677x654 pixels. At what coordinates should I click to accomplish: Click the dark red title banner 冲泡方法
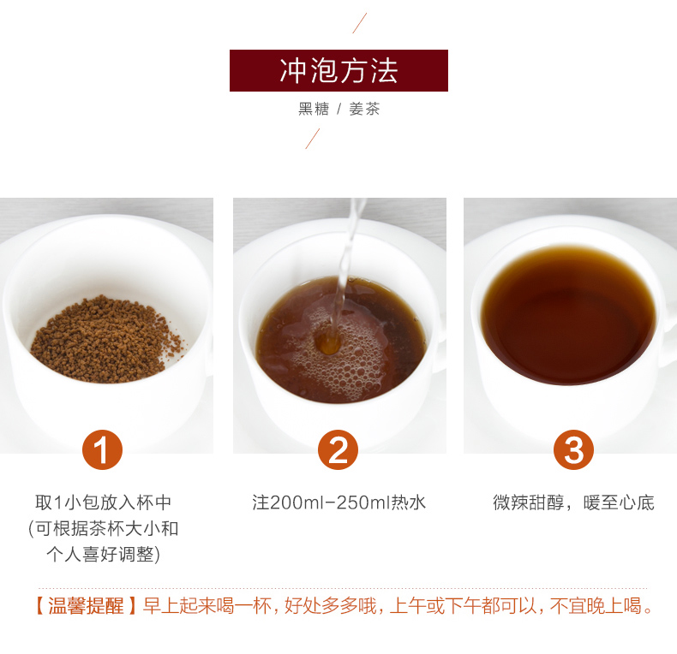tap(338, 70)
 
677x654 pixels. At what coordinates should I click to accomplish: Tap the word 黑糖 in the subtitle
tap(314, 109)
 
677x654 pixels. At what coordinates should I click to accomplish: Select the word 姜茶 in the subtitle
tap(364, 109)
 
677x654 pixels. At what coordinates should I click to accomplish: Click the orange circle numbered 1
tap(102, 449)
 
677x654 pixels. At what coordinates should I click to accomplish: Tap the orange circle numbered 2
tap(338, 449)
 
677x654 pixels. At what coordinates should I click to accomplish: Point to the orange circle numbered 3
tap(573, 449)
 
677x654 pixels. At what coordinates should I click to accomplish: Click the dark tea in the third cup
tap(568, 315)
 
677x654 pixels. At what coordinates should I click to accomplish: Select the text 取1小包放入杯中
tap(103, 502)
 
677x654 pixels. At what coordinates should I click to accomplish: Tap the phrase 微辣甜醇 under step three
tap(529, 502)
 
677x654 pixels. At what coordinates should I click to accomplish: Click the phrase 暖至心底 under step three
tap(619, 502)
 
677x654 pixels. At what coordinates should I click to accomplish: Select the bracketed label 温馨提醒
tap(86, 606)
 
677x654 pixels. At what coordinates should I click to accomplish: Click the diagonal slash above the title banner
tap(360, 23)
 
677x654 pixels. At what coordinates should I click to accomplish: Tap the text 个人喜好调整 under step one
tap(100, 555)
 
